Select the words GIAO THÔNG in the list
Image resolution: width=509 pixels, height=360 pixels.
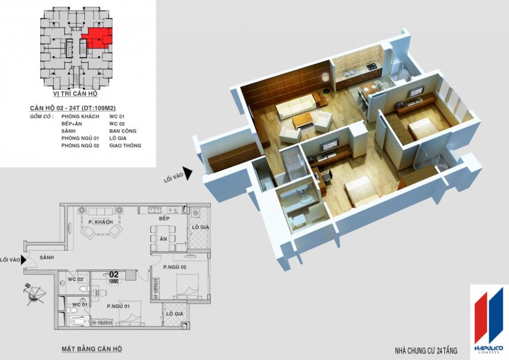click(x=125, y=146)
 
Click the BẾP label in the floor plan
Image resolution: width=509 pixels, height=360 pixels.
click(x=163, y=218)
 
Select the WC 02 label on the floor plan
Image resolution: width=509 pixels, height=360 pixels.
click(x=75, y=279)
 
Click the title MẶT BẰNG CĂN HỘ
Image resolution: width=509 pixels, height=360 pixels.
click(x=92, y=349)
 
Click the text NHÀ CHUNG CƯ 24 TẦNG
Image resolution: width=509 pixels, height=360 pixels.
click(x=426, y=351)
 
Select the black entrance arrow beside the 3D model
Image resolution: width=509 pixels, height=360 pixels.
click(x=188, y=174)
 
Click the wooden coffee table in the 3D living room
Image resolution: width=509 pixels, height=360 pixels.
click(x=303, y=120)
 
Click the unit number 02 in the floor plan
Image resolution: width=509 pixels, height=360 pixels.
click(x=114, y=273)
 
